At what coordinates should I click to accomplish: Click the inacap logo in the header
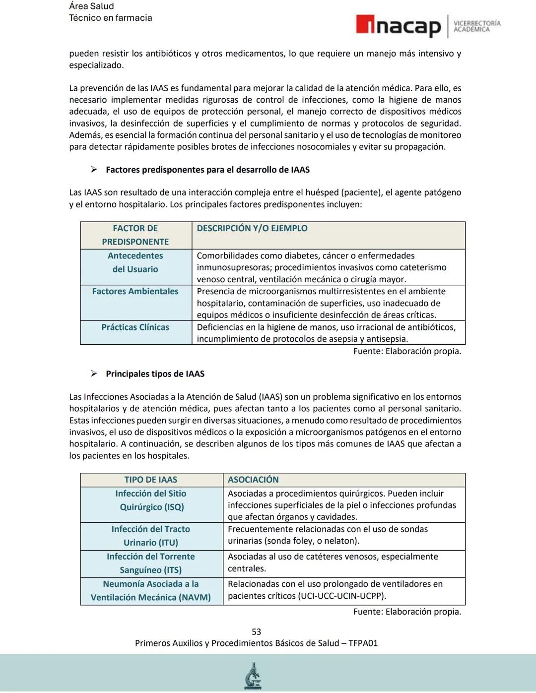point(399,26)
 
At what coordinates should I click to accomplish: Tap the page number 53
point(256,631)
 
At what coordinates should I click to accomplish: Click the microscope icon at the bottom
point(253,676)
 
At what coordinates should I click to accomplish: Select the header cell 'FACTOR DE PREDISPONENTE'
point(135,235)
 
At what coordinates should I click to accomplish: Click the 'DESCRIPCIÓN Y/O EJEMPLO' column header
point(252,229)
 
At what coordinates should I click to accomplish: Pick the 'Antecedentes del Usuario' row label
point(135,262)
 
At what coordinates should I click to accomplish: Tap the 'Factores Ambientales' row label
point(135,292)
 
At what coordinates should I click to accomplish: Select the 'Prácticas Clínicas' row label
point(135,327)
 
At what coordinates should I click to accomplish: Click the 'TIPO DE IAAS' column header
point(151,480)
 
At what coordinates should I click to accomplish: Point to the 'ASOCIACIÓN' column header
point(253,480)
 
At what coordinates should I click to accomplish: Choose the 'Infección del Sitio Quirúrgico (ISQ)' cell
point(151,500)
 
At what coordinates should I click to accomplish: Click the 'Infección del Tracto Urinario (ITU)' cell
point(151,536)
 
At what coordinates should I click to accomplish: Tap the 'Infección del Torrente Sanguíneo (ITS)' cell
point(151,563)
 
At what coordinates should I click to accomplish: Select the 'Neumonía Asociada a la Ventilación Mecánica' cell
point(151,591)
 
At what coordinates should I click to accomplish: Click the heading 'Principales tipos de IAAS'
point(155,374)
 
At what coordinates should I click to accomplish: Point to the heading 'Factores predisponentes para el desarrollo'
point(207,170)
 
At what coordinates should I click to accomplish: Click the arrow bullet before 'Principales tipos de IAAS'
point(94,374)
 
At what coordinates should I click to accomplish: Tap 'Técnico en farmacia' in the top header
point(111,18)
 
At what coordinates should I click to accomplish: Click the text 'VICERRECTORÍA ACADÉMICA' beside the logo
point(477,26)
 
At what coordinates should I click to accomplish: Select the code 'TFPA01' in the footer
point(363,643)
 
